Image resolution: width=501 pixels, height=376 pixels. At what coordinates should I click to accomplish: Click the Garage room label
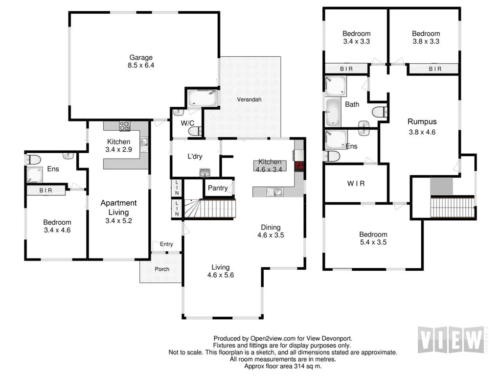click(141, 57)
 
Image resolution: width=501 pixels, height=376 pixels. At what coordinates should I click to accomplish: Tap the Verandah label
click(250, 100)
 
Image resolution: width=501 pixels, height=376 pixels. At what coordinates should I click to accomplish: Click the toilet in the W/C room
click(195, 131)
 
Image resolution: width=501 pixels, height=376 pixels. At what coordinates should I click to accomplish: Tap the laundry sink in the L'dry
click(205, 172)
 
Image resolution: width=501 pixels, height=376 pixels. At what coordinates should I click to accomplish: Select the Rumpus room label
click(422, 122)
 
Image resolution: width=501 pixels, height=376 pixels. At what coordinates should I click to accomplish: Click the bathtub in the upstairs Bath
click(332, 112)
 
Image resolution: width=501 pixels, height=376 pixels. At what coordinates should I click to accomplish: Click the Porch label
click(161, 269)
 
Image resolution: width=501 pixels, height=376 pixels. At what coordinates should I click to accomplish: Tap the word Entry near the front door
click(166, 244)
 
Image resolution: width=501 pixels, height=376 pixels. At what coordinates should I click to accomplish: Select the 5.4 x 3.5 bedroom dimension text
click(373, 242)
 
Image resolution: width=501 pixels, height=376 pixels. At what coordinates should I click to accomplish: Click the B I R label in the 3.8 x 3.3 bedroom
click(435, 69)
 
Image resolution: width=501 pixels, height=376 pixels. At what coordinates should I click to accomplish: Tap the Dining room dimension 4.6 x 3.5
click(271, 235)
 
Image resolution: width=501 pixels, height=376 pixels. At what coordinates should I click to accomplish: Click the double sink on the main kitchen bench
click(274, 192)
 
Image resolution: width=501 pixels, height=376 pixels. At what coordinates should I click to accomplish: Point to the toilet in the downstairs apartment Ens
click(34, 159)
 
